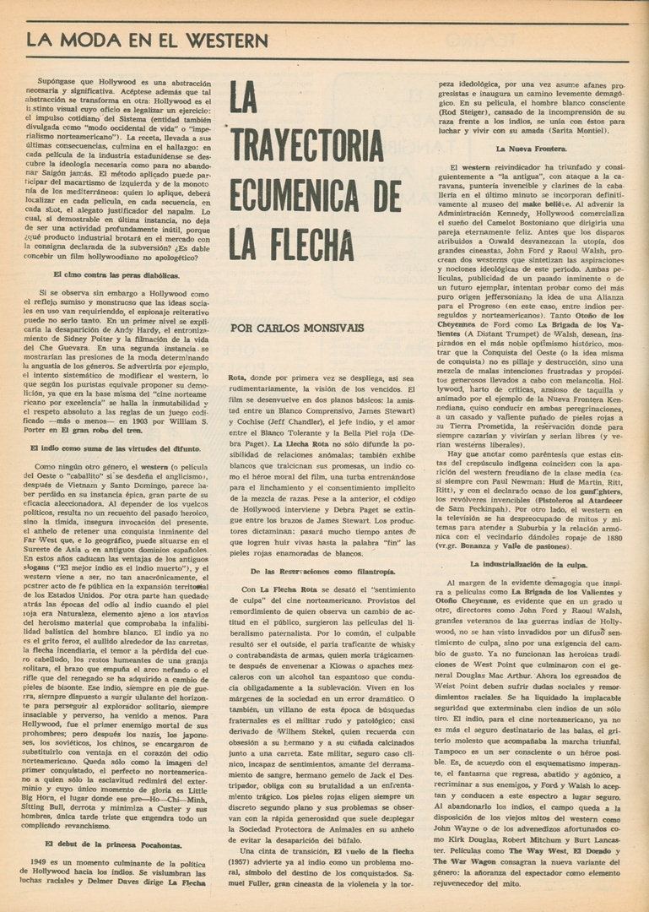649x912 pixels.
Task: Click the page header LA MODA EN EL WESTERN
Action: [147, 40]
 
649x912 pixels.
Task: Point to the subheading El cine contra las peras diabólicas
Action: [116, 275]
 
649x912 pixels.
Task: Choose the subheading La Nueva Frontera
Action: [531, 149]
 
